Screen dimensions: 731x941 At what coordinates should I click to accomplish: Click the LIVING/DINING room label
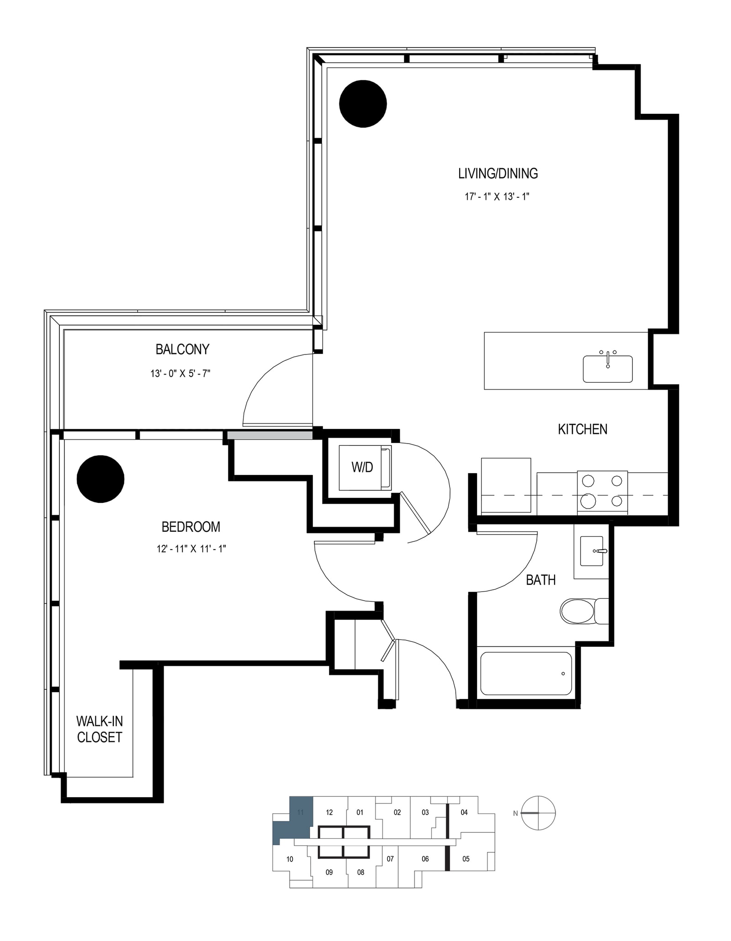click(x=498, y=174)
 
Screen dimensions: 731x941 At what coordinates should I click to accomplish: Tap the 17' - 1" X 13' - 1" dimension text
click(x=497, y=197)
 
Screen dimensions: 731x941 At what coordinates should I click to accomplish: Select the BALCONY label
click(x=182, y=349)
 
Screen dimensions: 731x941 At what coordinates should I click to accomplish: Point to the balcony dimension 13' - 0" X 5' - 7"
click(x=180, y=374)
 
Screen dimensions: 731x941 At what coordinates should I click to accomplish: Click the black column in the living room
click(x=363, y=104)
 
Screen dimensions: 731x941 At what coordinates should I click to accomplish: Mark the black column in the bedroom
click(x=101, y=479)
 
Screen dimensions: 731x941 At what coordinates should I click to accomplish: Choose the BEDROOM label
click(x=191, y=527)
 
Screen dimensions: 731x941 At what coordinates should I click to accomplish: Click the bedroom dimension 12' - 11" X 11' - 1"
click(x=191, y=549)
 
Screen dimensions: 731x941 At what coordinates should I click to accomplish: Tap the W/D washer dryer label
click(x=362, y=467)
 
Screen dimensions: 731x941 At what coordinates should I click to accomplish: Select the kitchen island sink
click(x=608, y=369)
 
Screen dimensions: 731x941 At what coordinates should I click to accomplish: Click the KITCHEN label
click(x=583, y=429)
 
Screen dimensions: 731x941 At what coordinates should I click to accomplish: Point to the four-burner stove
click(x=602, y=492)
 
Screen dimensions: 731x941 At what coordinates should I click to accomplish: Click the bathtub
click(x=526, y=674)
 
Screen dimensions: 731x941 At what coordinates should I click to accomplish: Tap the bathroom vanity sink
click(x=592, y=551)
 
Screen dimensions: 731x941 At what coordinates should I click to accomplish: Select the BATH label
click(x=541, y=580)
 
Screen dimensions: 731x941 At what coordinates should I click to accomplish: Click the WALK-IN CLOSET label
click(x=99, y=729)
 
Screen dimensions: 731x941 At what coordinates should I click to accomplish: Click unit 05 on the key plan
click(x=466, y=859)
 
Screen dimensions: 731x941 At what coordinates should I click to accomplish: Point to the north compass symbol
click(x=538, y=813)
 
